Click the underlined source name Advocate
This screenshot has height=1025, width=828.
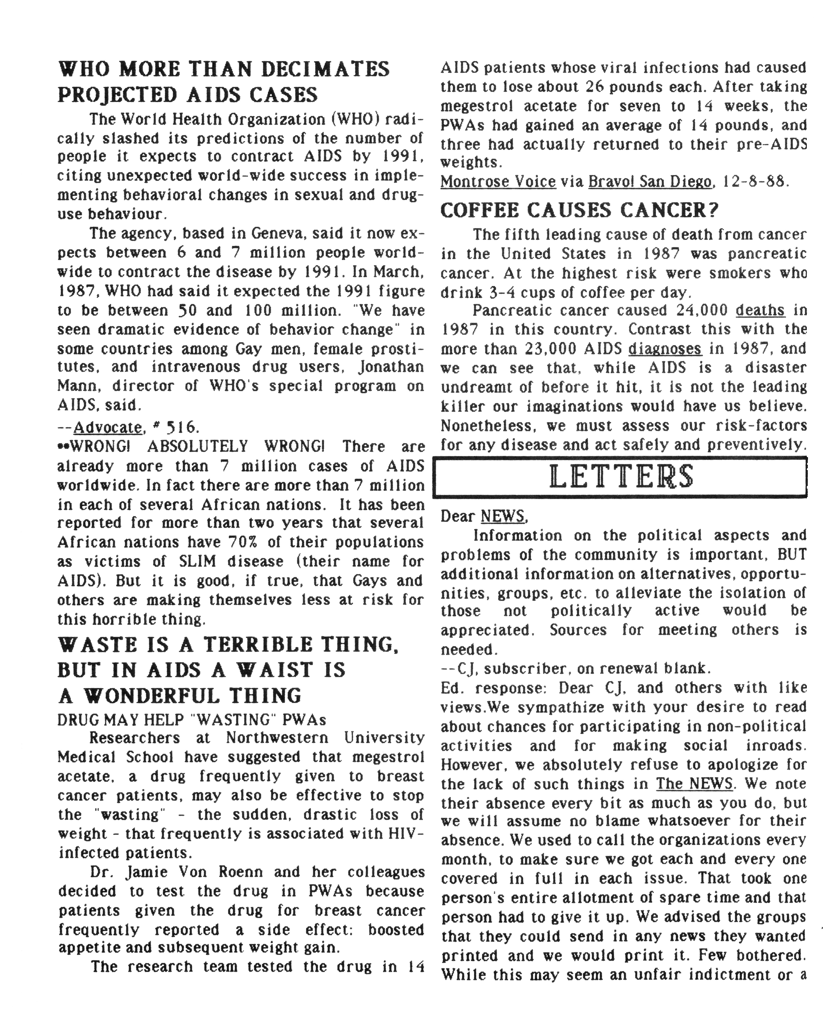tap(108, 427)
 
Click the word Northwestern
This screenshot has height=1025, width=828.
tap(277, 738)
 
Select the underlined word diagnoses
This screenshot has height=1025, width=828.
tap(664, 349)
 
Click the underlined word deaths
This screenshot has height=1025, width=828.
tap(760, 311)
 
